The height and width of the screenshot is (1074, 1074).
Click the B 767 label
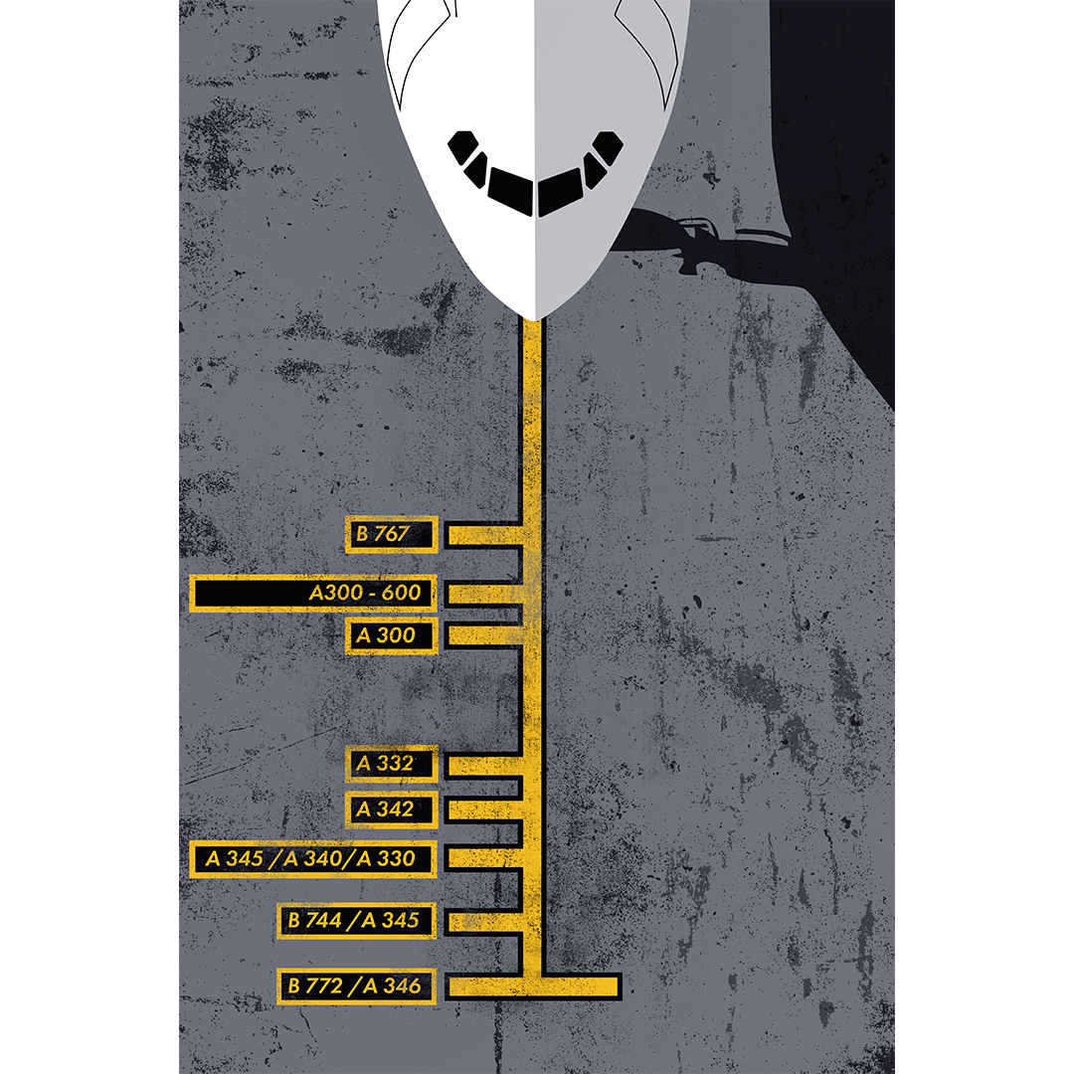coord(391,534)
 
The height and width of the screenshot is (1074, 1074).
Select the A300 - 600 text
coord(364,593)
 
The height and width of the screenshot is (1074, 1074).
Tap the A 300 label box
coord(391,635)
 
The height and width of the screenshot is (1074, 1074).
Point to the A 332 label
coord(391,763)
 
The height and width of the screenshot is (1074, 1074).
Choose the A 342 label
coord(391,809)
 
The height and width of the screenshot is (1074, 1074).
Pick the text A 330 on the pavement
coord(385,859)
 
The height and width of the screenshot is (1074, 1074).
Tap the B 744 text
coord(314,920)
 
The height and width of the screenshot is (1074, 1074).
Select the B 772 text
coord(314,985)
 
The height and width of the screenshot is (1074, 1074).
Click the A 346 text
coord(392,985)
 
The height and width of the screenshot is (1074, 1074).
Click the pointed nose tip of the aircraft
coord(534,320)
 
